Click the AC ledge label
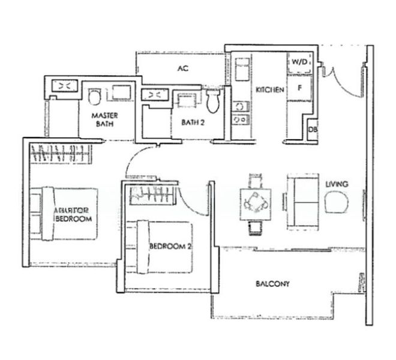coord(183,69)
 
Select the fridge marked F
coord(299,87)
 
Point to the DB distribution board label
coord(312,130)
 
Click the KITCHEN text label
coord(269,90)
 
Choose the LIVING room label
coord(337,184)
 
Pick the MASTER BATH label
coord(104,119)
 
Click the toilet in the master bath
coord(94,98)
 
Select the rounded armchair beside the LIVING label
coord(337,202)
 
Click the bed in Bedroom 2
coord(162,247)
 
